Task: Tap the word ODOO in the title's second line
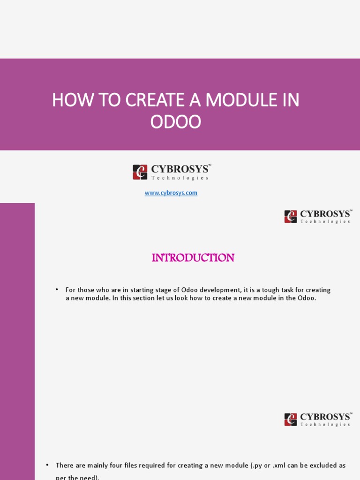pos(175,122)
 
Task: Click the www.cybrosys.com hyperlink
pos(171,193)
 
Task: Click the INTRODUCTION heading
pos(193,258)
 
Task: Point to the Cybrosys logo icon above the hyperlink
pos(140,172)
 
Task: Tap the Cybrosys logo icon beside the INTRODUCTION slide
pos(291,217)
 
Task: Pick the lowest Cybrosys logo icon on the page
pos(291,420)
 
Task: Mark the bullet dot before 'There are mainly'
pos(47,465)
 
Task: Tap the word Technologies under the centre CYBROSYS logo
pos(180,178)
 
